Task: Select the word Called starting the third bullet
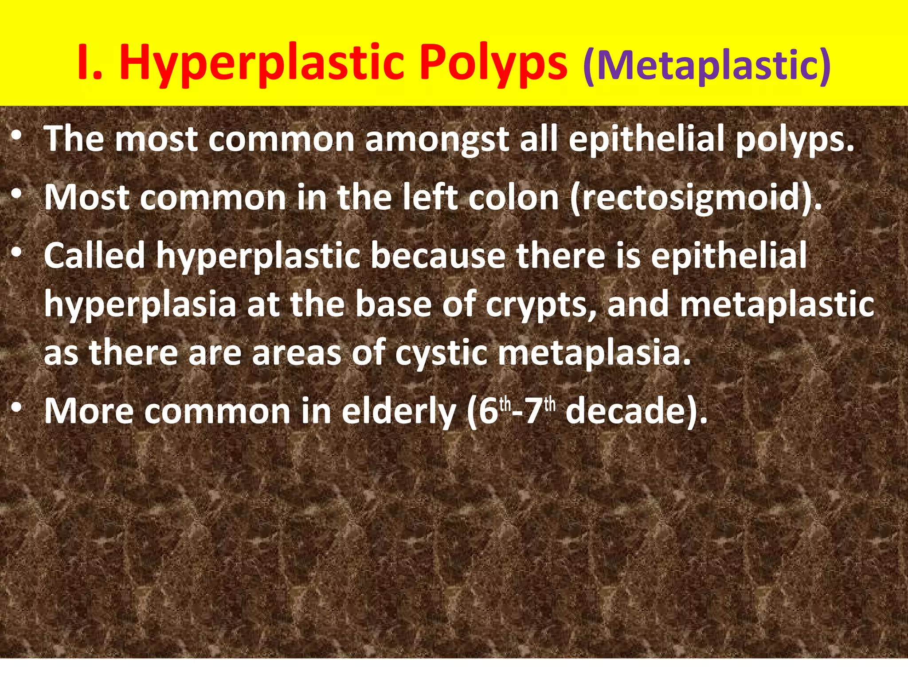pos(94,256)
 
